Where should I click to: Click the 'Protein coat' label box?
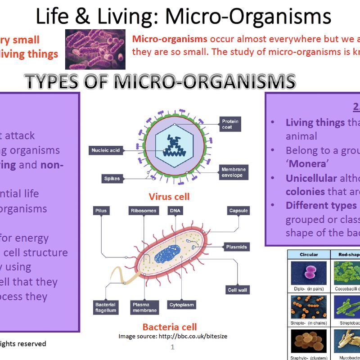230,124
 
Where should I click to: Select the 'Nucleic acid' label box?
105,150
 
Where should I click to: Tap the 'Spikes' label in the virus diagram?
112,179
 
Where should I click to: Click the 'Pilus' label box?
99,211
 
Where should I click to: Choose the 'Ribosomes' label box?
144,211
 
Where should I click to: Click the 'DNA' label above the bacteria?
174,211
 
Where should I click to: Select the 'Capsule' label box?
238,211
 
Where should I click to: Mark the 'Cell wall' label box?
238,290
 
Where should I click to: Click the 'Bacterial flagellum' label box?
106,308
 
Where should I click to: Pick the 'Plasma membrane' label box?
144,308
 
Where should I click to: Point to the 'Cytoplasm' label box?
182,305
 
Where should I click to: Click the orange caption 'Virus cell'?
169,197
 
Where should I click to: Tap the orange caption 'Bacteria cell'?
170,327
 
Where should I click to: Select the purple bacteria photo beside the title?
95,49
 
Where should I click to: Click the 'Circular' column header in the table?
309,255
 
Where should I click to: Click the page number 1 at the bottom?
172,347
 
